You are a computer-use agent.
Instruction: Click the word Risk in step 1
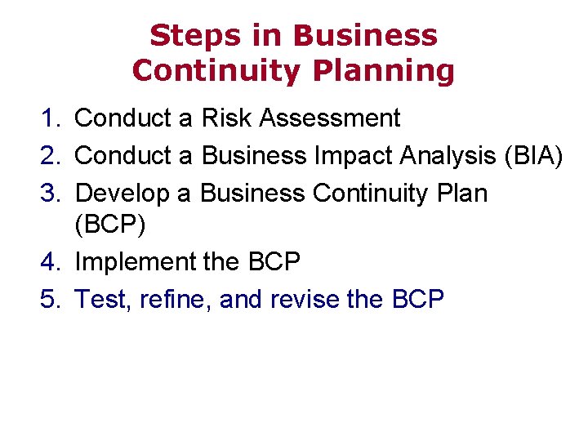pyautogui.click(x=226, y=118)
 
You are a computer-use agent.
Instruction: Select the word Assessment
pyautogui.click(x=329, y=118)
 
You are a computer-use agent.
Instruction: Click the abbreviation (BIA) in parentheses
pyautogui.click(x=533, y=155)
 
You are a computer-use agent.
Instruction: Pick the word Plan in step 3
pyautogui.click(x=461, y=193)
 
